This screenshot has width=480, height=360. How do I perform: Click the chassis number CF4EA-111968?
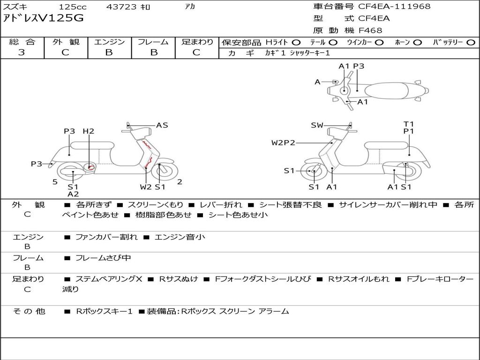[x=394, y=6]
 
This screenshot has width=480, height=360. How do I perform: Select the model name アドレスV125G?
[x=43, y=18]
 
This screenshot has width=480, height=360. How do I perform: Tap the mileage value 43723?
[x=121, y=7]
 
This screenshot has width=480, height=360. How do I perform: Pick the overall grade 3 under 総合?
[x=22, y=52]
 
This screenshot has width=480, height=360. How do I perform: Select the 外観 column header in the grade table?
[x=66, y=42]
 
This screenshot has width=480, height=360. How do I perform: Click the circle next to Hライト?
[x=296, y=43]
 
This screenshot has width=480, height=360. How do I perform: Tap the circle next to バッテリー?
[x=471, y=43]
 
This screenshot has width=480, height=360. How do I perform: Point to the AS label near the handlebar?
[x=162, y=125]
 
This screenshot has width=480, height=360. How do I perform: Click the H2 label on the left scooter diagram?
[x=89, y=131]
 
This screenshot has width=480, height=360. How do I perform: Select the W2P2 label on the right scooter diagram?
[x=283, y=142]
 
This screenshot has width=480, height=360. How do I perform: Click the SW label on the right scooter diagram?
[x=317, y=125]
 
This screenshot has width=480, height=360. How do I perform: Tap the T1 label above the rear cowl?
[x=408, y=124]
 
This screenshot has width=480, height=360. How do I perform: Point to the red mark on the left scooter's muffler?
[x=90, y=167]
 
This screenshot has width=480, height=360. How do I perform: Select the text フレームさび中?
[x=103, y=258]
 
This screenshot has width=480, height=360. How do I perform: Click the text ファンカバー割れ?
[x=106, y=237]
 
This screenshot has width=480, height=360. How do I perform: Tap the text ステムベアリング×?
[x=109, y=279]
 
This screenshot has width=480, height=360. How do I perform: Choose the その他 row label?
[x=29, y=311]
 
